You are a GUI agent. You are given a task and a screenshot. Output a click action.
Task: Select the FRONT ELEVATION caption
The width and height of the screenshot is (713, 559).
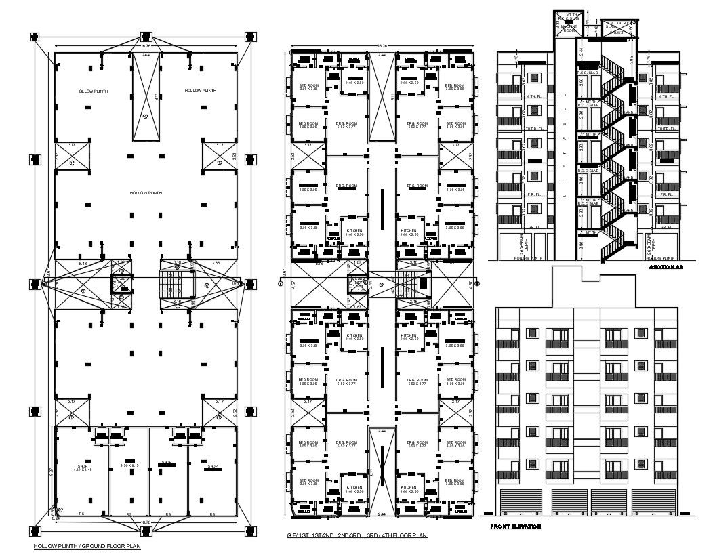tap(515, 526)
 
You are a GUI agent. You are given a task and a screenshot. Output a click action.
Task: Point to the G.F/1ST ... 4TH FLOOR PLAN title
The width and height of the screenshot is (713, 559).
tap(357, 535)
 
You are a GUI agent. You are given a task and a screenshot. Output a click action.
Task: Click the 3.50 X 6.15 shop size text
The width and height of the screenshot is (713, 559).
tap(129, 465)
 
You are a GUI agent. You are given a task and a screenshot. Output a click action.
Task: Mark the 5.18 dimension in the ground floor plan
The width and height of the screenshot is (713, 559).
tap(83, 263)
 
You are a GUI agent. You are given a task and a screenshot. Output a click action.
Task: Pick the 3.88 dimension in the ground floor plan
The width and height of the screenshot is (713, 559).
tap(216, 263)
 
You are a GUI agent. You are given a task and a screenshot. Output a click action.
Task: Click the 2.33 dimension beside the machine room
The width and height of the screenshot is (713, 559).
tap(557, 24)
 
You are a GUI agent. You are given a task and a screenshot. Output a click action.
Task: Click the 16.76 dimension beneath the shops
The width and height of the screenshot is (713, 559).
tap(145, 522)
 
